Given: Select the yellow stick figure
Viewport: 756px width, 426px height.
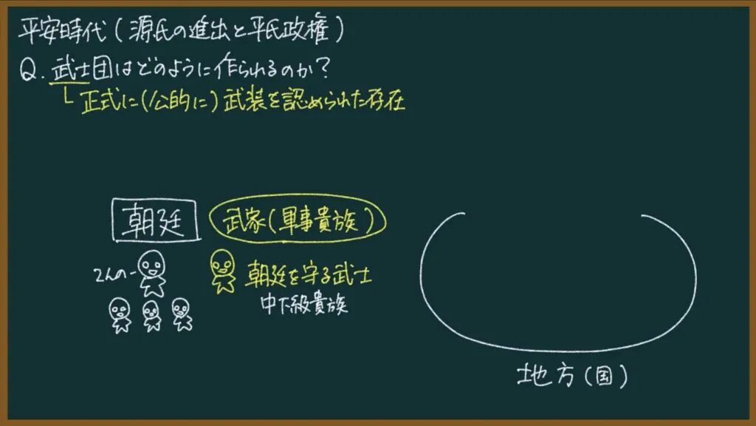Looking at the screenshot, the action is coord(222,271).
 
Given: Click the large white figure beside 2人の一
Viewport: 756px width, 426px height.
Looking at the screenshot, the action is coord(152,274).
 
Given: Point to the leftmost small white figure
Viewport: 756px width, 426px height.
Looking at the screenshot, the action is coord(120,315).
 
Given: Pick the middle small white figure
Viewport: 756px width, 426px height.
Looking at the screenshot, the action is coord(151,316).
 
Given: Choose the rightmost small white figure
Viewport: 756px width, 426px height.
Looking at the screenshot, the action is coord(182,314).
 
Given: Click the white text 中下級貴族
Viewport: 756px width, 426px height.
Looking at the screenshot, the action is coord(303,304).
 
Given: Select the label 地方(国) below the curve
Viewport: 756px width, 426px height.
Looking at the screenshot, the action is coord(572,375).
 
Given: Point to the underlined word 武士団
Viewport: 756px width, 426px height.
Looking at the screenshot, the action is coord(82,70).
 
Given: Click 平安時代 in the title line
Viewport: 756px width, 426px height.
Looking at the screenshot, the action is coord(62,30).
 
